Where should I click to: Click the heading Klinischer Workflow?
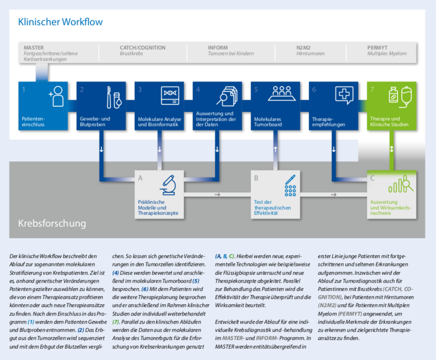60,22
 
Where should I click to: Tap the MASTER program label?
34,47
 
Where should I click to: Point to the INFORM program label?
218,47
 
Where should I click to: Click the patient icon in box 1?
56,96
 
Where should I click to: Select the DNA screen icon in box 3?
171,96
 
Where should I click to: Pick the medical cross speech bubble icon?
344,95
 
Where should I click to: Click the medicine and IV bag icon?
401,96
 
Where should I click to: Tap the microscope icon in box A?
167,185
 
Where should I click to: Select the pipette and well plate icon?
290,186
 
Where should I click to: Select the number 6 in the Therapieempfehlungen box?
314,89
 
